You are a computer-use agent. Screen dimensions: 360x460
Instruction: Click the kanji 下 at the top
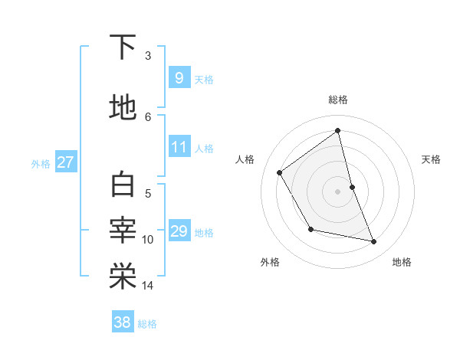[x=123, y=48]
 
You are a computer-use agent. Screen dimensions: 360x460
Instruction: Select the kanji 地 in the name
[x=123, y=108]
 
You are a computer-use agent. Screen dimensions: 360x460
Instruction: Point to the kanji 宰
[x=123, y=230]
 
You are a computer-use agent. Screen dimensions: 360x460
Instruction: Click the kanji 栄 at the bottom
[x=123, y=277]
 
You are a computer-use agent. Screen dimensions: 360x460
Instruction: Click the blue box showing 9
[x=179, y=77]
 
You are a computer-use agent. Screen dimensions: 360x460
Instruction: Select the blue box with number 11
[x=179, y=147]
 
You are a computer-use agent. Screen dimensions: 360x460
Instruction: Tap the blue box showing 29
[x=179, y=231]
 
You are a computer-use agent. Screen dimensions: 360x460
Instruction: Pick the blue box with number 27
[x=65, y=162]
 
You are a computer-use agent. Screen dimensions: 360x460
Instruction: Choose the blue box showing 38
[x=123, y=322]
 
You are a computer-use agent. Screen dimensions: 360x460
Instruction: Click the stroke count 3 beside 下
[x=148, y=56]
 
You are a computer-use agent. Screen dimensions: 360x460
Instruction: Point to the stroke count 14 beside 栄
[x=148, y=286]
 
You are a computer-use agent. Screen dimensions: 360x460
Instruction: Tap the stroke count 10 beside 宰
[x=148, y=240]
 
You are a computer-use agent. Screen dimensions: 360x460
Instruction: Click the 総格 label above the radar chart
[x=338, y=100]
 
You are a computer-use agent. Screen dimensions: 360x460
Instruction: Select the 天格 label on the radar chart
[x=432, y=159]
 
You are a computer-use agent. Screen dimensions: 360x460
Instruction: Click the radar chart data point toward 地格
[x=374, y=242]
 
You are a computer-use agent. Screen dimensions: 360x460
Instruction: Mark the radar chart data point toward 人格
[x=280, y=172]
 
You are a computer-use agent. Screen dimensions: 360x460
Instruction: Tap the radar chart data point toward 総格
[x=338, y=130]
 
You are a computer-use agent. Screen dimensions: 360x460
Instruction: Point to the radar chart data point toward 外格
[x=310, y=229]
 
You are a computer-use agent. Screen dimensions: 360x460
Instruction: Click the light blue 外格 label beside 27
[x=41, y=163]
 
